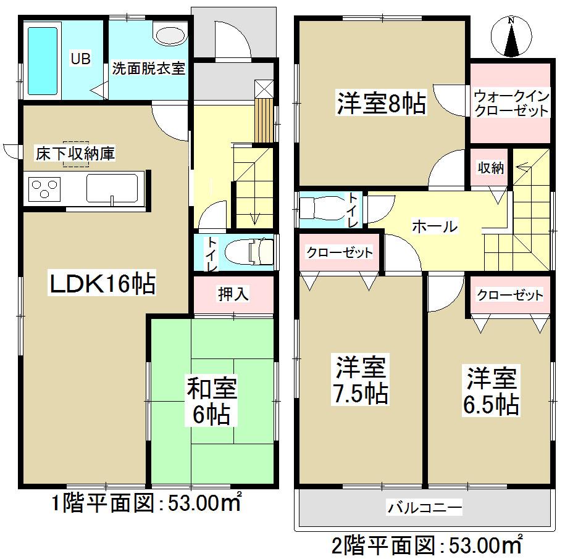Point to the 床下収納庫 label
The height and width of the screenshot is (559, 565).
tap(75, 154)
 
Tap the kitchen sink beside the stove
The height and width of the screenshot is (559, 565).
tap(112, 188)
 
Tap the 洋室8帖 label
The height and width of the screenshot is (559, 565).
tap(381, 104)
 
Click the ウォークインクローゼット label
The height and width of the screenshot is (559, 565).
tap(511, 104)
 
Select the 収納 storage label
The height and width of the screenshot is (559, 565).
tap(491, 168)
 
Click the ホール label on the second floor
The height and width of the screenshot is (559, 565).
tap(434, 226)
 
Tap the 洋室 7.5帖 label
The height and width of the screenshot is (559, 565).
tap(362, 381)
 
